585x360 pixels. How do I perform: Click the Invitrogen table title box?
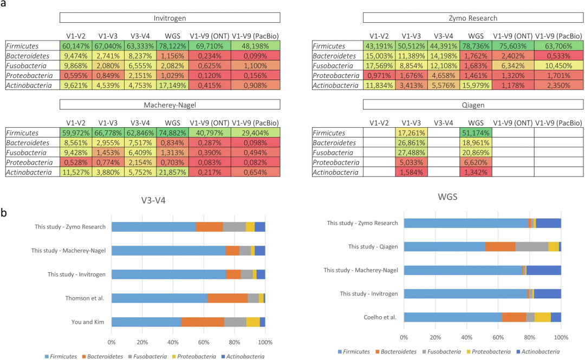[x=170, y=18]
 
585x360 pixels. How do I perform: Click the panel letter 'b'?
[x=4, y=213]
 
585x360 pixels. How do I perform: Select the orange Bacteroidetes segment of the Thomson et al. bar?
[x=227, y=298]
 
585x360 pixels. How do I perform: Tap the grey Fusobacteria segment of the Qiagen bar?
[x=531, y=246]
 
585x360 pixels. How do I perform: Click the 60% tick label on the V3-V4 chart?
[x=204, y=343]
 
